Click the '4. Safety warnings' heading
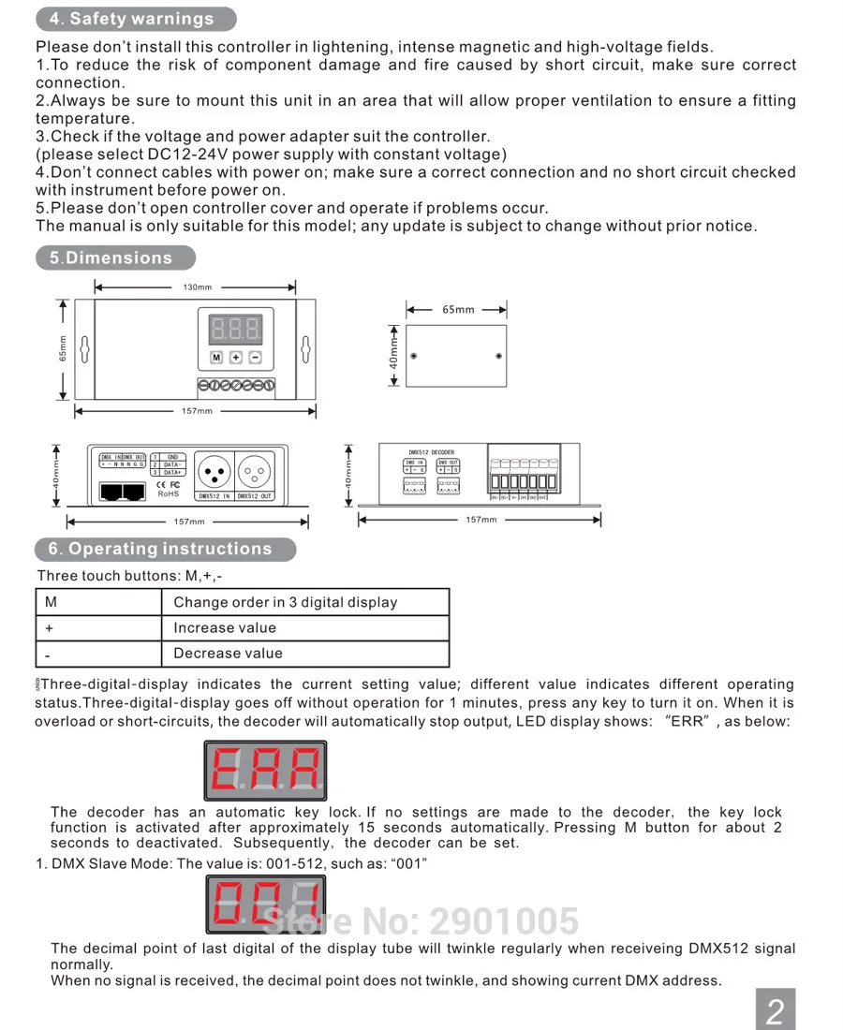coord(132,19)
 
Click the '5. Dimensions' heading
coord(111,258)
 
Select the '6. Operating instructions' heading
coord(161,550)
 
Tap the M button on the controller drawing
coord(216,358)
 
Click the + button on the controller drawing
coord(236,358)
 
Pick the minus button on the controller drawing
coord(255,358)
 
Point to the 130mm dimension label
coord(197,287)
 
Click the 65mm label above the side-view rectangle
coord(458,310)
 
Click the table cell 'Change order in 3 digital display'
coord(286,602)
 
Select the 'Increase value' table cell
coord(225,627)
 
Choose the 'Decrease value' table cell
coord(228,654)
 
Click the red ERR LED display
coord(265,771)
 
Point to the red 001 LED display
coord(266,904)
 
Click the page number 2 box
coord(776,1010)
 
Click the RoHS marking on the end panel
coord(168,493)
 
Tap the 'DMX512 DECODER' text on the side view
coord(431,452)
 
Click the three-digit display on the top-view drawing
coord(236,329)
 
